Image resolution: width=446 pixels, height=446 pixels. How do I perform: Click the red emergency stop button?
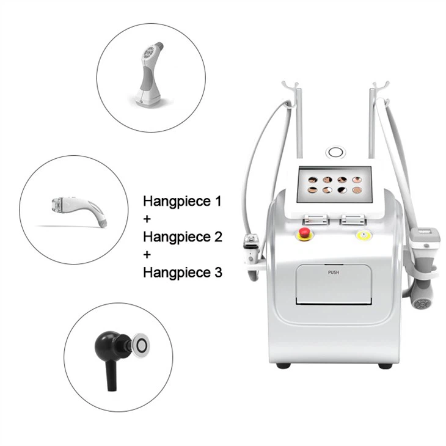[x=303, y=233]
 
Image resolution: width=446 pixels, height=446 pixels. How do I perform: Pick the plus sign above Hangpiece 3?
[x=147, y=254]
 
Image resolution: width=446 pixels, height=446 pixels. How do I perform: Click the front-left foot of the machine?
[x=282, y=365]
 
